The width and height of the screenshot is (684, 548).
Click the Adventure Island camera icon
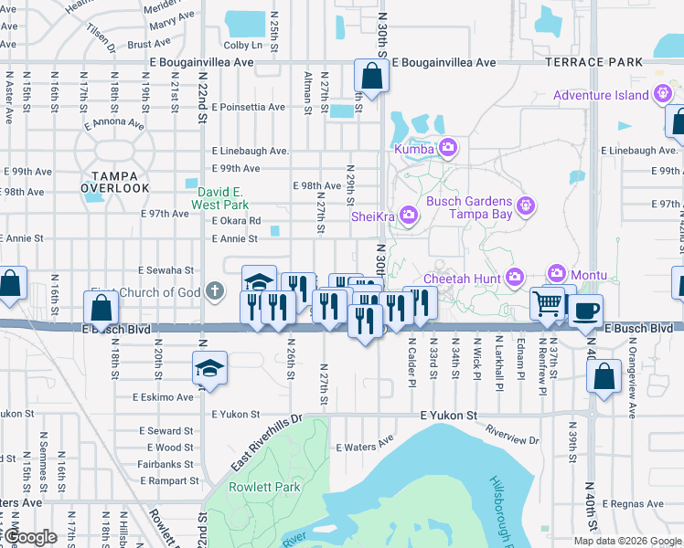point(663,95)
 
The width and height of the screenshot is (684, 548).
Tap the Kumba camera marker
point(447,147)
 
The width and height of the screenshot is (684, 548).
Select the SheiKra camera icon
point(408,216)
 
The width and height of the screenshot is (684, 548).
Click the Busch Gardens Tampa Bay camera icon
point(525,206)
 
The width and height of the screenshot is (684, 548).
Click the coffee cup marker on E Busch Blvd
point(585,310)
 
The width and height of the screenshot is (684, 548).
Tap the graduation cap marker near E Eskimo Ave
point(210,369)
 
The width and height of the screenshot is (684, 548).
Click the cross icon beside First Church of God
point(215,292)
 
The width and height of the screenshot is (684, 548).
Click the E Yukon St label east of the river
point(449,416)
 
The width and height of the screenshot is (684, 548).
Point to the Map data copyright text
point(627,541)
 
